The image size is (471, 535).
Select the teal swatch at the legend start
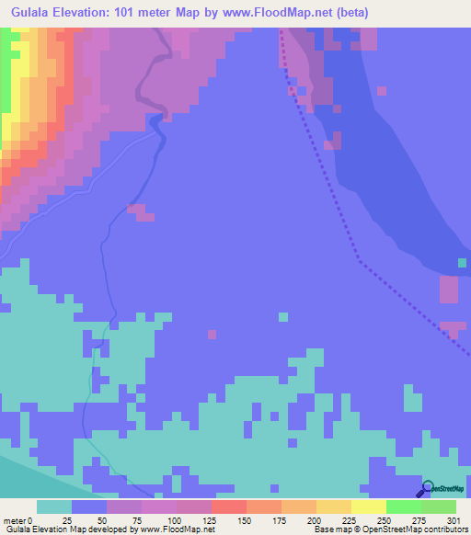54,507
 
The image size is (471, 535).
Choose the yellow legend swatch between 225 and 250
369,507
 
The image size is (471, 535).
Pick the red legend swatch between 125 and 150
229,507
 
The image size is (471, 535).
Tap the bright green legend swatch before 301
439,507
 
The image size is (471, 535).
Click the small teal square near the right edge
463,264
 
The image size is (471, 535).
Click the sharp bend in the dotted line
360,262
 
